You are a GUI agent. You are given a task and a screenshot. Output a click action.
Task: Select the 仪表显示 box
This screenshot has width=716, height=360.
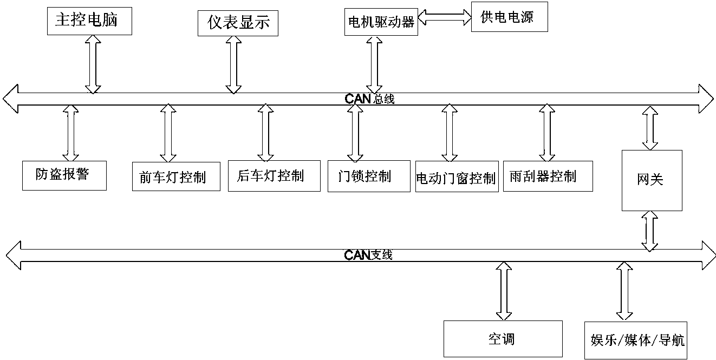[238, 23]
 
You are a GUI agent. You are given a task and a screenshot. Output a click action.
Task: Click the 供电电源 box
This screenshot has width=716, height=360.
[510, 17]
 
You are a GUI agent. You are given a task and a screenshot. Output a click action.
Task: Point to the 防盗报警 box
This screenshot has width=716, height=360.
[64, 175]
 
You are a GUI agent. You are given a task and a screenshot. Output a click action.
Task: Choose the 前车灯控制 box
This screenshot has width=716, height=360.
[177, 176]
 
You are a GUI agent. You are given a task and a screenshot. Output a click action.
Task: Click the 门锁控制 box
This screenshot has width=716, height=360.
[369, 176]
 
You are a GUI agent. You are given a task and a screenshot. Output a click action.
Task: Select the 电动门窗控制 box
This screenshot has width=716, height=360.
[456, 176]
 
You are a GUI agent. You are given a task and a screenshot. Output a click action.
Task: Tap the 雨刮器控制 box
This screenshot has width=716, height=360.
[548, 176]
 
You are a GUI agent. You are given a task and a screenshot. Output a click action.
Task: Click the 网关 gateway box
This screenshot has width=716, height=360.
[652, 180]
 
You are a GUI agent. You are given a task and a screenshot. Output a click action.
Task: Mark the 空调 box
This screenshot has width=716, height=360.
[503, 339]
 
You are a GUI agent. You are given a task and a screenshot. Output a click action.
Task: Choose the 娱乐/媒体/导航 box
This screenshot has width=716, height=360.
[638, 340]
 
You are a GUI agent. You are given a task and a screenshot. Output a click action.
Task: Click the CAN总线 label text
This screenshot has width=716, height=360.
[370, 99]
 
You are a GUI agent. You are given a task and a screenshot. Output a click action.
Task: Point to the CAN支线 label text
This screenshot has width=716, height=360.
[368, 254]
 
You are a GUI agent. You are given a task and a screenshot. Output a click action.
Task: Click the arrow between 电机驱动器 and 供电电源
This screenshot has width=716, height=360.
[444, 17]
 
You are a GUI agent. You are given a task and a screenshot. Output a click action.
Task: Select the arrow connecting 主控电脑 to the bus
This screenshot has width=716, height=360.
[93, 64]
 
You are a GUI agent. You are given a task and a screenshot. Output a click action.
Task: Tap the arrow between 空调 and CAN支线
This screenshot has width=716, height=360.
[504, 291]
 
